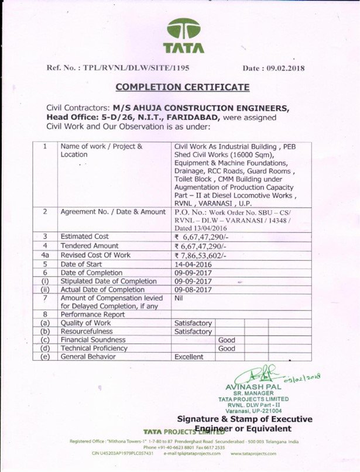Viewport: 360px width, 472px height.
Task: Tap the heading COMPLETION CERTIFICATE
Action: click(x=182, y=87)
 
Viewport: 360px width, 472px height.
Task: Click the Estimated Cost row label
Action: click(x=85, y=236)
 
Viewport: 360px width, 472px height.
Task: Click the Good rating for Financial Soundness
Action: click(x=227, y=340)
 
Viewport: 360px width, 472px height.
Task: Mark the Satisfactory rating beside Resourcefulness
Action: click(x=193, y=332)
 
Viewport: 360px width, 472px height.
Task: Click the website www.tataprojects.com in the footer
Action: click(x=253, y=453)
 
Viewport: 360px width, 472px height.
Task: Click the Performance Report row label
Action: click(x=89, y=313)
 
